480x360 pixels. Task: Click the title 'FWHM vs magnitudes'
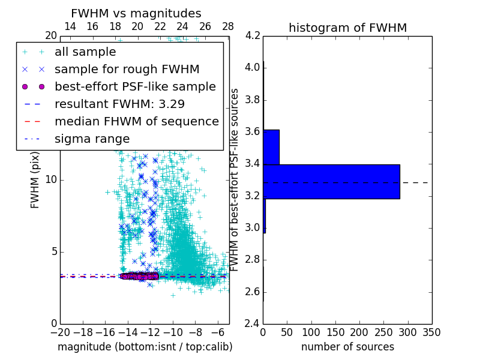136,13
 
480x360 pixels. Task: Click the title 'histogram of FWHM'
347,28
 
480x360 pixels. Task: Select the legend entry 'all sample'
85,52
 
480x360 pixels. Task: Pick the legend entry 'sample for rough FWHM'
127,69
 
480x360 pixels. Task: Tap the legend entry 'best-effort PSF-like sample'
135,86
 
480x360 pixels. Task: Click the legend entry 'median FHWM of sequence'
136,121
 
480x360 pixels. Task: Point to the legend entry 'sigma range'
92,139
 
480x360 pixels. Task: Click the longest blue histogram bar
331,181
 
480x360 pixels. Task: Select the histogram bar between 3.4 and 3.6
271,147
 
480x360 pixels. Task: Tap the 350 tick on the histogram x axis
431,332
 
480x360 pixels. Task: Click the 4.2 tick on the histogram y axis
253,35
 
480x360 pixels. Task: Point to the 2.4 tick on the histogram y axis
253,323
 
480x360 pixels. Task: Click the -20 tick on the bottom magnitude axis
60,332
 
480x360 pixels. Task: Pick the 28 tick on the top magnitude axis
228,26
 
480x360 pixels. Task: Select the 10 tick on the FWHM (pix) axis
52,179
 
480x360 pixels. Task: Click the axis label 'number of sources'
347,347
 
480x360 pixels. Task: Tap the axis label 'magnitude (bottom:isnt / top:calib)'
145,347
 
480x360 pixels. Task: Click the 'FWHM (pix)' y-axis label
35,179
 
